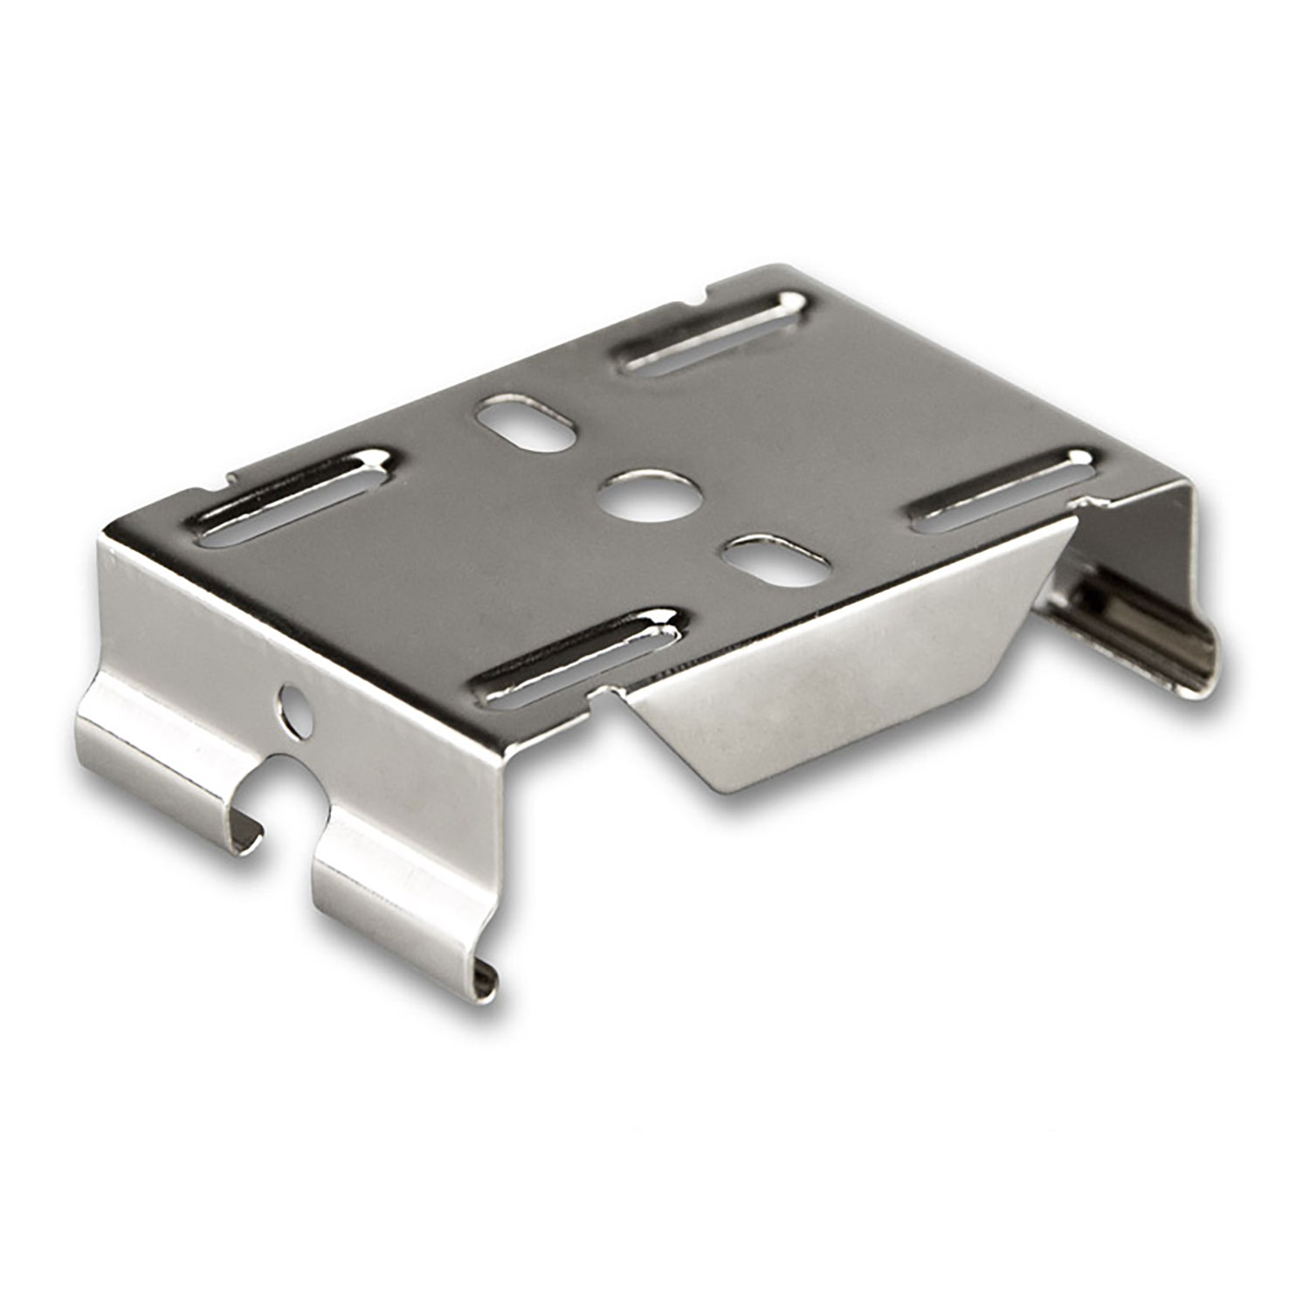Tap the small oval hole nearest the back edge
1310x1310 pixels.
tap(527, 423)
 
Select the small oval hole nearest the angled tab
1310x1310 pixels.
tap(776, 562)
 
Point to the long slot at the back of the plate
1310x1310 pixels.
tap(711, 333)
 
